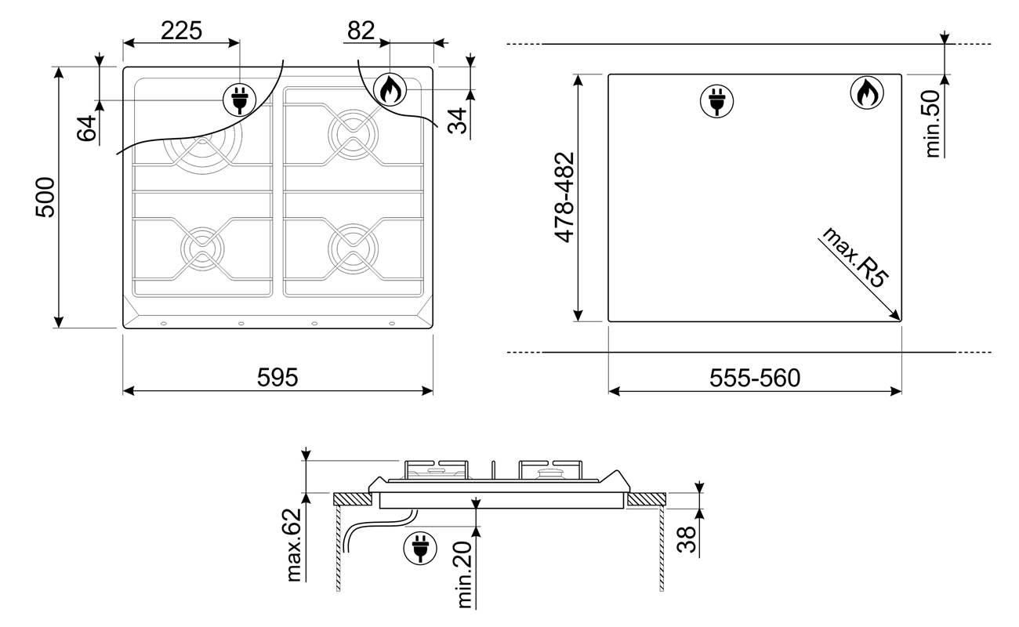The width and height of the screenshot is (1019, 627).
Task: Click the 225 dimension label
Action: (181, 31)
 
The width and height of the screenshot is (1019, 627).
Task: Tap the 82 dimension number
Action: (361, 31)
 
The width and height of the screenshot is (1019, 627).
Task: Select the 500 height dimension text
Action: (45, 197)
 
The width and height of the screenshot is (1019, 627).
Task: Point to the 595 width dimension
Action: (277, 377)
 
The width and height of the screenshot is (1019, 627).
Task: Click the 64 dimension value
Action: (86, 129)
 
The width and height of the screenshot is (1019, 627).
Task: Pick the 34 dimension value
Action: (458, 121)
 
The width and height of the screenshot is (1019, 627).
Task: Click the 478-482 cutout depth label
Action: (564, 197)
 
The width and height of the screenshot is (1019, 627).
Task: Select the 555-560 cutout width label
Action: (755, 378)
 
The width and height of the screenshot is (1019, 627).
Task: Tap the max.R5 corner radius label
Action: (855, 257)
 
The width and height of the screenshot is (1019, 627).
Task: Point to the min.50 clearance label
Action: (932, 124)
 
